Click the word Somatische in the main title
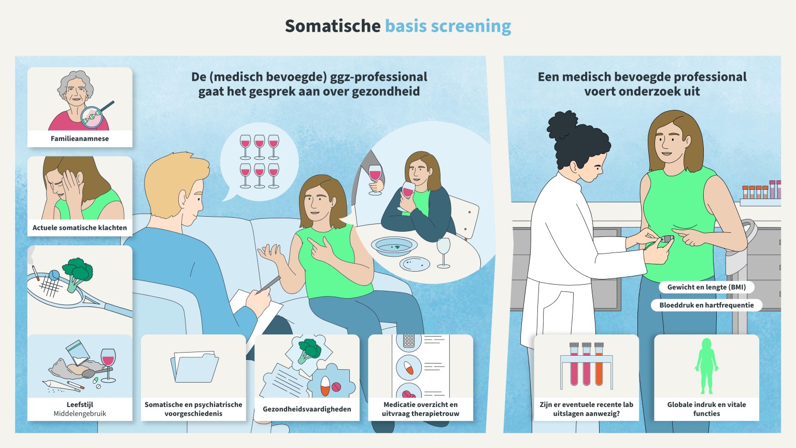click(x=333, y=26)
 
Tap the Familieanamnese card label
click(x=80, y=138)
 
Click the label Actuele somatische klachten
click(x=80, y=228)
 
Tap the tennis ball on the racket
click(x=54, y=275)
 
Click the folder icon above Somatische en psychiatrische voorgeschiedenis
click(x=194, y=367)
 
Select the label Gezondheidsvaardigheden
click(x=307, y=409)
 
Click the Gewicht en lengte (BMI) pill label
click(x=706, y=287)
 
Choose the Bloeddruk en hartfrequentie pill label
click(x=706, y=305)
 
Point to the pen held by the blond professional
click(x=269, y=284)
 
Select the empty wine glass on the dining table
click(x=443, y=253)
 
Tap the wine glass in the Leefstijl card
click(x=108, y=365)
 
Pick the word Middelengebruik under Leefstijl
click(x=80, y=413)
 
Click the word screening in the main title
click(x=471, y=26)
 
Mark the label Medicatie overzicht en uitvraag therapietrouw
click(x=420, y=409)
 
